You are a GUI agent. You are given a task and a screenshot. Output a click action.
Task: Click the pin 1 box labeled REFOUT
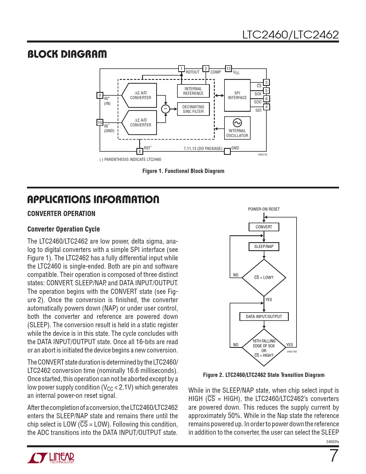click(x=181, y=69)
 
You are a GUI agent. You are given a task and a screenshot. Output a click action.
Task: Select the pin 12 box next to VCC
click(x=228, y=68)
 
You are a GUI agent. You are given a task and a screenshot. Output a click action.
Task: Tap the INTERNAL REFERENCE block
click(x=193, y=91)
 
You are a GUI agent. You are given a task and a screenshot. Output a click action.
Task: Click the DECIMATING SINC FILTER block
click(x=193, y=109)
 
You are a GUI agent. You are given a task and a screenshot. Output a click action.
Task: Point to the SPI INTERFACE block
click(x=237, y=95)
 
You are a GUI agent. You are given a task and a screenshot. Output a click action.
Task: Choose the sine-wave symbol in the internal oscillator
click(x=237, y=123)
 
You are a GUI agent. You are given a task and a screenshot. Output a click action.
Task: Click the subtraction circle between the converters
click(x=165, y=109)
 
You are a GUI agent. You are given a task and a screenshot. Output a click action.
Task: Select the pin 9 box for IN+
click(x=100, y=95)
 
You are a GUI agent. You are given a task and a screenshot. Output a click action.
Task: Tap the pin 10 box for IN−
click(x=100, y=123)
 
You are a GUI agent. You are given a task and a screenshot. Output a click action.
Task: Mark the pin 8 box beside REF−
click(x=140, y=151)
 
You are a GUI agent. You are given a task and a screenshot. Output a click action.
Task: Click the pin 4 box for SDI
click(x=266, y=107)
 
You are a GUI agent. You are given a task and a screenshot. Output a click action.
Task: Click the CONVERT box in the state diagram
click(x=264, y=227)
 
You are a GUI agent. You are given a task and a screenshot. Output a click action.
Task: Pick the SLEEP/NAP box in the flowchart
click(x=264, y=246)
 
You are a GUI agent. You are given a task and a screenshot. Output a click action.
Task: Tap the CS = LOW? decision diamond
click(x=264, y=278)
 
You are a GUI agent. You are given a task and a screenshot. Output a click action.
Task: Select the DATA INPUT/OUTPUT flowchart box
click(x=264, y=317)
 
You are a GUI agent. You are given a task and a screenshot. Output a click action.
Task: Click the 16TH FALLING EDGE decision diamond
click(x=264, y=348)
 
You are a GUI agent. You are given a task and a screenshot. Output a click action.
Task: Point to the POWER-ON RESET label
click(x=264, y=209)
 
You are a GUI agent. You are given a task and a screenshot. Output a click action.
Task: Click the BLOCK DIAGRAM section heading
click(x=67, y=54)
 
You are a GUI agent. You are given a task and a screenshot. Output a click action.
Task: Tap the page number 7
click(x=334, y=456)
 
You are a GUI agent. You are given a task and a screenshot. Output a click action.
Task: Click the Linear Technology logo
click(x=51, y=458)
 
